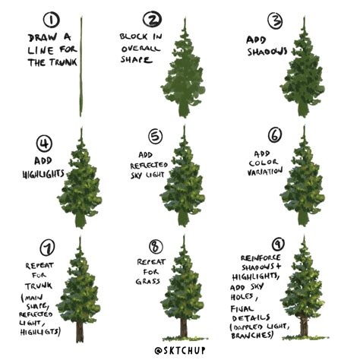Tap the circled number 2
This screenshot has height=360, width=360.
point(153,20)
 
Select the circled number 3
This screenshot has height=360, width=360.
point(274,20)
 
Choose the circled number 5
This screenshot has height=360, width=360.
point(155,137)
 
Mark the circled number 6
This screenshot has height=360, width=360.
point(274,135)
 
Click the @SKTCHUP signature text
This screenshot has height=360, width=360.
point(180,350)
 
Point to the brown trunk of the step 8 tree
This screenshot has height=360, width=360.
point(182,327)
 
